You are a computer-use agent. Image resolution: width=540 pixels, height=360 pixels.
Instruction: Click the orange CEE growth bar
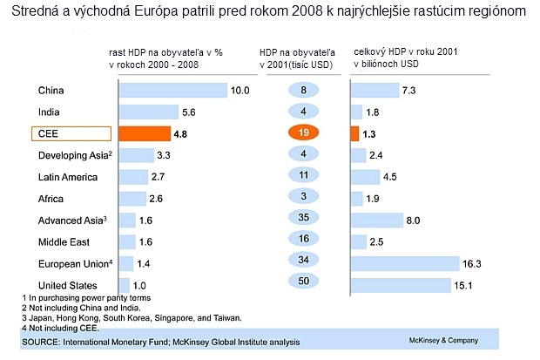click(x=144, y=134)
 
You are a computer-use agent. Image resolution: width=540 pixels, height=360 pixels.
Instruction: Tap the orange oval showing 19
click(x=303, y=133)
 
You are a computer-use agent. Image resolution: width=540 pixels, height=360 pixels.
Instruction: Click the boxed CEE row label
click(x=71, y=134)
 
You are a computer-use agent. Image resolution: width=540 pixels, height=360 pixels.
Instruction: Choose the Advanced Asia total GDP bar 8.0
click(x=376, y=221)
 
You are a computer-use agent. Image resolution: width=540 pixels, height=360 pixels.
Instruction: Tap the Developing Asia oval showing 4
click(x=303, y=155)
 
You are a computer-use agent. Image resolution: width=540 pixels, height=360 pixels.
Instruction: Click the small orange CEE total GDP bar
click(x=354, y=134)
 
